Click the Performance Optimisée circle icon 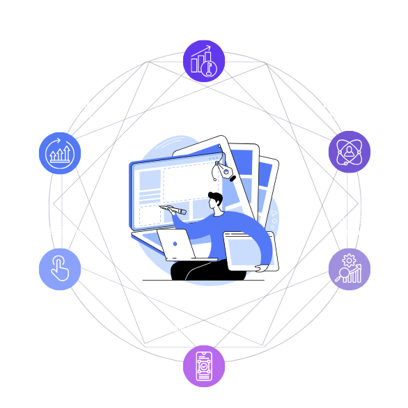[x=204, y=61]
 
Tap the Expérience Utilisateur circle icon [x=349, y=151]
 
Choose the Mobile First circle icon [x=204, y=366]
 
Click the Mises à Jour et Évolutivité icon [x=60, y=151]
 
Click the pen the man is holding [x=173, y=208]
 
